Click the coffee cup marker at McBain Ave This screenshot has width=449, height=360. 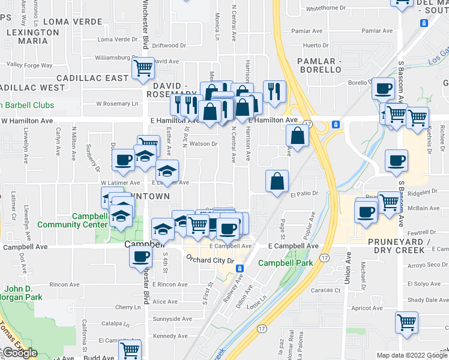coord(366,211)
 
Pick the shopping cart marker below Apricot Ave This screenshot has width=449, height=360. coord(406,322)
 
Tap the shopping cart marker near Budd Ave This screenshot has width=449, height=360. coord(130,349)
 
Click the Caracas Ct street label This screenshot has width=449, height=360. coord(329,290)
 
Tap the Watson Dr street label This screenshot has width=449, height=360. coord(203,144)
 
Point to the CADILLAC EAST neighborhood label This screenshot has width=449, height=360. coord(92,78)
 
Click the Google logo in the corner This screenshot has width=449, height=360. coord(20,353)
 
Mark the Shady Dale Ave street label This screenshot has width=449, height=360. coord(424,299)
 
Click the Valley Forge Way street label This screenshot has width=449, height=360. coord(29,65)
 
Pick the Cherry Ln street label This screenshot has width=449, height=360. coord(128,307)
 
